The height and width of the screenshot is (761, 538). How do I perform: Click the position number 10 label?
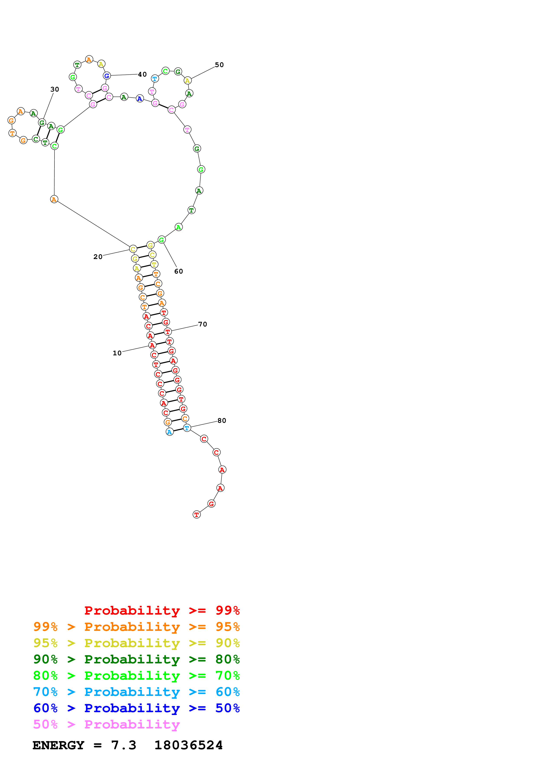pyautogui.click(x=117, y=353)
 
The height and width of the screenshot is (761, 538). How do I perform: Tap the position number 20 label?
pyautogui.click(x=98, y=257)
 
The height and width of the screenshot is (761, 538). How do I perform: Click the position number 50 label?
pyautogui.click(x=219, y=65)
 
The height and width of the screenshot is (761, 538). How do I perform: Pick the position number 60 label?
pyautogui.click(x=178, y=271)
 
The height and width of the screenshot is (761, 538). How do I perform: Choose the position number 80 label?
pyautogui.click(x=222, y=421)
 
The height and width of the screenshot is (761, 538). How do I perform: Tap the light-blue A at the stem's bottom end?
pyautogui.click(x=169, y=432)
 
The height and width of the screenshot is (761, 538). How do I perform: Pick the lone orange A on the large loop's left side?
pyautogui.click(x=54, y=199)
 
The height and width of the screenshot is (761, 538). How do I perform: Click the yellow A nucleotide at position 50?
pyautogui.click(x=188, y=80)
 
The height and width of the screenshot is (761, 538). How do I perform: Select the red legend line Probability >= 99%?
pyautogui.click(x=162, y=610)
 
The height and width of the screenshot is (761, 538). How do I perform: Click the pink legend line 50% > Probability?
pyautogui.click(x=106, y=725)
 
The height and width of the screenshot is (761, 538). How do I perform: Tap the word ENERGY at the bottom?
pyautogui.click(x=58, y=745)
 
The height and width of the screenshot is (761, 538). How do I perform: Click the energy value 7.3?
pyautogui.click(x=123, y=745)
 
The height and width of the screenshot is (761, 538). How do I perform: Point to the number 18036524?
pyautogui.click(x=188, y=745)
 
